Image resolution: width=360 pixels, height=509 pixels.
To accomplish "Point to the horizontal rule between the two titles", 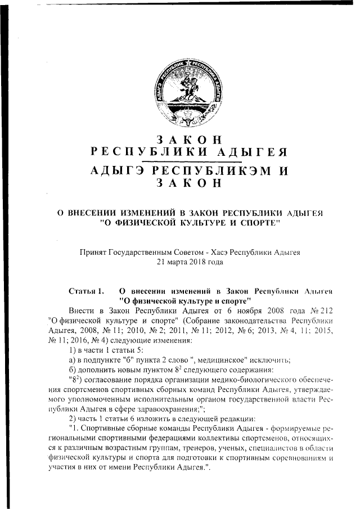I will (x=188, y=162).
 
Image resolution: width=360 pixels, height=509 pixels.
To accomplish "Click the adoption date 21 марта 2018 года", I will (x=188, y=262).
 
